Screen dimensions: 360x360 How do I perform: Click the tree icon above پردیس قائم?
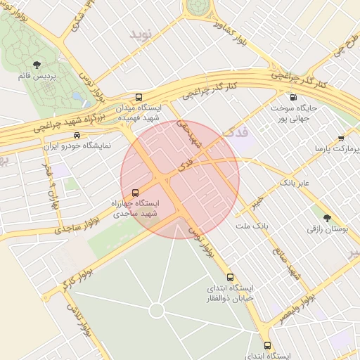pos(36,66)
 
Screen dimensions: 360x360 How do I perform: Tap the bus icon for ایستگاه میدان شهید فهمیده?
pos(138,97)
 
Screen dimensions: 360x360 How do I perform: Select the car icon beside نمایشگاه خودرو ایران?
pos(77,135)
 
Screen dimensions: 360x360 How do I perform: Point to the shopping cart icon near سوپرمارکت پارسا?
pos(341,139)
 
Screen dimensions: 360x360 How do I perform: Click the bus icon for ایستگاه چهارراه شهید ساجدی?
pos(135,191)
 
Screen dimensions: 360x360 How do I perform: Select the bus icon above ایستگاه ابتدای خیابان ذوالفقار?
pos(231,277)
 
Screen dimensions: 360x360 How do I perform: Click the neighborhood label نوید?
pos(140,32)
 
